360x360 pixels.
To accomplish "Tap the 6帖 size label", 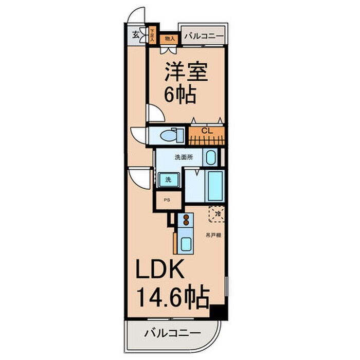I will point(181,95).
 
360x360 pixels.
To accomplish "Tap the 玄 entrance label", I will point(135,35).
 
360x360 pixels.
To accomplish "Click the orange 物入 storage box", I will point(170,38).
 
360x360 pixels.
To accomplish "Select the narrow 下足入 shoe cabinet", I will point(152,35).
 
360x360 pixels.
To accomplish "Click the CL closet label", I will point(207,131).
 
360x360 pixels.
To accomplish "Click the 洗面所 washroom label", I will point(183,157).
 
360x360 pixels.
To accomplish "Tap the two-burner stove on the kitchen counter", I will point(184,221).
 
